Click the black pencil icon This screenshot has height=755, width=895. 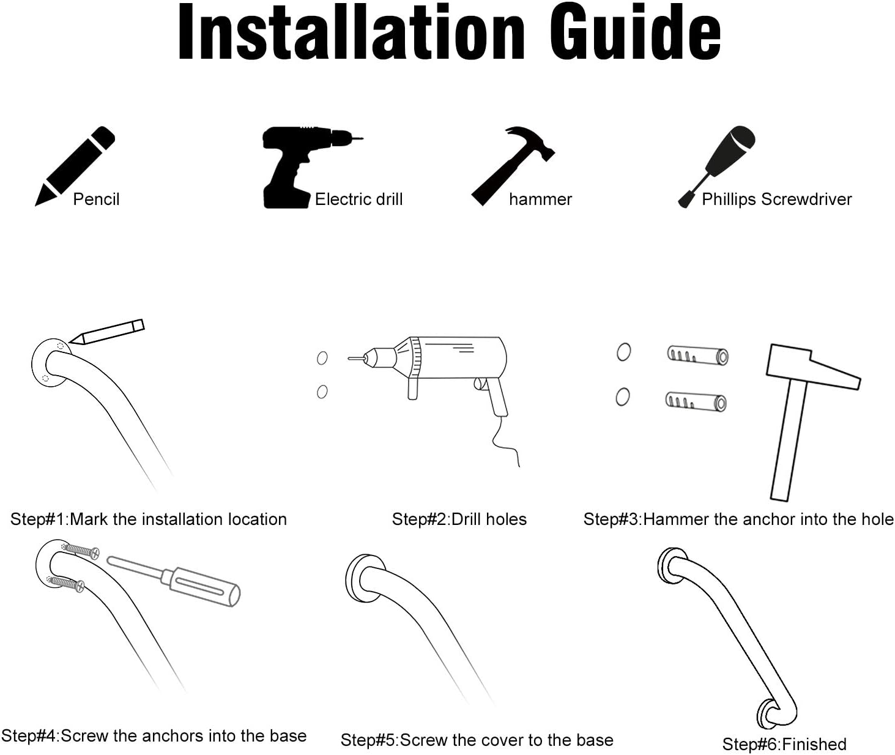pos(75,166)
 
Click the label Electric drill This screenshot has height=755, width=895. pos(358,199)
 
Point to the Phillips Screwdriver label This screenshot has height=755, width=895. pos(776,199)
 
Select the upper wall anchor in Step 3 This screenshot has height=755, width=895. pos(697,355)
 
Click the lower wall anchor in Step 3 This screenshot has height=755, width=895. pos(696,402)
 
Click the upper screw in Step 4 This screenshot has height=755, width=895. pos(80,551)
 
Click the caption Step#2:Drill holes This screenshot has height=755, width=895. pos(459,519)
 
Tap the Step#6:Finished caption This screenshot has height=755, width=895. pos(784,744)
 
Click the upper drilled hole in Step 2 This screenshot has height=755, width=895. pos(322,358)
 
